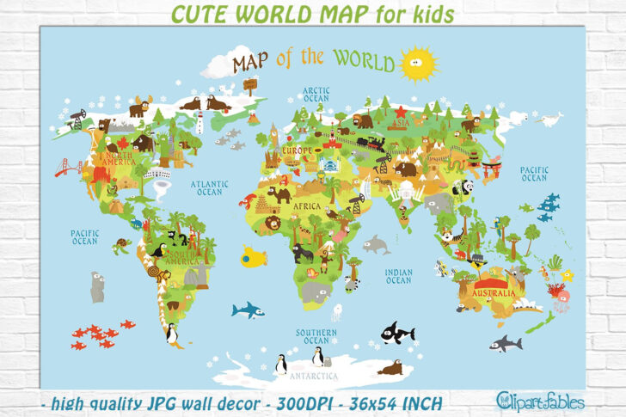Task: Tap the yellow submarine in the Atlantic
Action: click(x=253, y=256)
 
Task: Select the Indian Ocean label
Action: click(x=399, y=276)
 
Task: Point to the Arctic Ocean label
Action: click(x=316, y=95)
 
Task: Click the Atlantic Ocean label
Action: click(x=209, y=187)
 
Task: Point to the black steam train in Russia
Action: click(x=371, y=143)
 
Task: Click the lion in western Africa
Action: click(x=273, y=223)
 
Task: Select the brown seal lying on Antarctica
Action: click(x=390, y=368)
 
